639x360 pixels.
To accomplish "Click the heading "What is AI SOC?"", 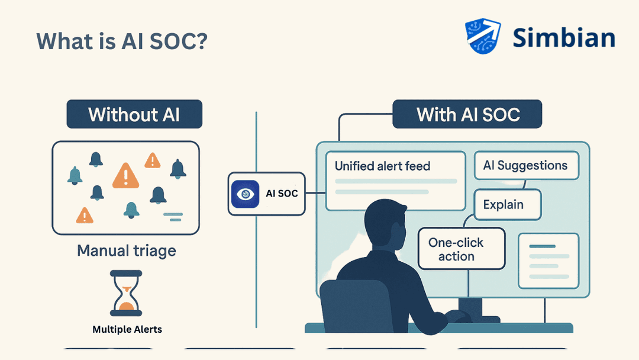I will coord(122,41).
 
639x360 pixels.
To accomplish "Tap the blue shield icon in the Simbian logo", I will coord(483,36).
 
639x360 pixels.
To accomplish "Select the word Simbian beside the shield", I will coord(563,37).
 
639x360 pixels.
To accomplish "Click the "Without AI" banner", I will coord(134,114).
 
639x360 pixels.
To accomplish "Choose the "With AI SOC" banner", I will coord(467,114).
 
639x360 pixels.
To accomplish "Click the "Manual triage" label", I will coord(127,250).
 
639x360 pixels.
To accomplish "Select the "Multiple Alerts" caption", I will coord(127,329).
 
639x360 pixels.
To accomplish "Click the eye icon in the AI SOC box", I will coord(243,194).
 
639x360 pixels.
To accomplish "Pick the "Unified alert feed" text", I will coord(382,166).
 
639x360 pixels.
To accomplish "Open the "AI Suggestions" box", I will coord(525,165).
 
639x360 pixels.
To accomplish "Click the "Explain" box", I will coord(503,205).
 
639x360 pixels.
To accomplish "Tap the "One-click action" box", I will coord(456,249).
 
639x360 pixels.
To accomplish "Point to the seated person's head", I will coord(385,224).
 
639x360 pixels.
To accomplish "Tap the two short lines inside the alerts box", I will coord(172,216).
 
